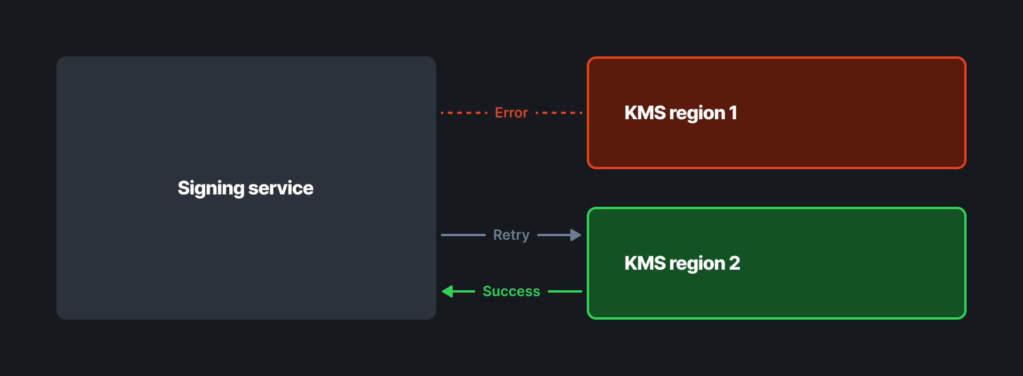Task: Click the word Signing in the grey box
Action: click(211, 188)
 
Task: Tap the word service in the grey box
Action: click(281, 188)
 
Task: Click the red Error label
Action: click(511, 113)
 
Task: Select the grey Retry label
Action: click(511, 235)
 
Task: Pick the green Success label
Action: click(511, 291)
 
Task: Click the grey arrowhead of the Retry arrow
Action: click(576, 235)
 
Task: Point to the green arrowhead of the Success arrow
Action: click(447, 291)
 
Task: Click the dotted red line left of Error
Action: click(464, 113)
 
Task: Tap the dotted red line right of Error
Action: click(559, 113)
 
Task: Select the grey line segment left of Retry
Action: click(463, 235)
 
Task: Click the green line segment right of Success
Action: click(565, 291)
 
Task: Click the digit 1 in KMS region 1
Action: click(733, 113)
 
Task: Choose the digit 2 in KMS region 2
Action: click(734, 263)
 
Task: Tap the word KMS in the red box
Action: click(644, 113)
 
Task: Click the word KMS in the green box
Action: click(644, 263)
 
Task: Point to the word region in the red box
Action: click(697, 113)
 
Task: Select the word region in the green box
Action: click(697, 264)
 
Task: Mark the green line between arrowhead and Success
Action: click(464, 291)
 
